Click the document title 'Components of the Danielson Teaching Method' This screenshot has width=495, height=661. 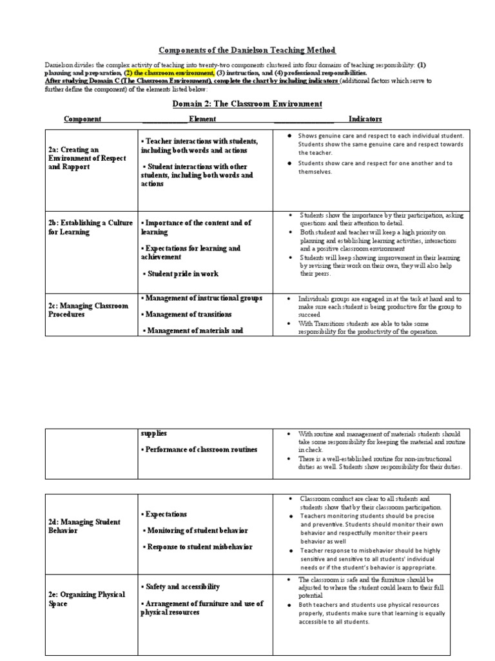click(x=247, y=50)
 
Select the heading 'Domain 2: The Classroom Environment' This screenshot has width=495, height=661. click(x=247, y=104)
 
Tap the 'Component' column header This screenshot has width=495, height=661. click(x=82, y=119)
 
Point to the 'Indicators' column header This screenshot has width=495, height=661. click(x=365, y=119)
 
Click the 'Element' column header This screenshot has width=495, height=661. click(x=202, y=119)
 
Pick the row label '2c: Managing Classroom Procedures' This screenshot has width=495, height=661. click(x=88, y=310)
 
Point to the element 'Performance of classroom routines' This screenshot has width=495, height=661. click(x=200, y=449)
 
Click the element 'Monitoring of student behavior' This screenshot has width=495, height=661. click(x=193, y=531)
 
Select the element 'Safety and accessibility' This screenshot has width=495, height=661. click(x=180, y=587)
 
